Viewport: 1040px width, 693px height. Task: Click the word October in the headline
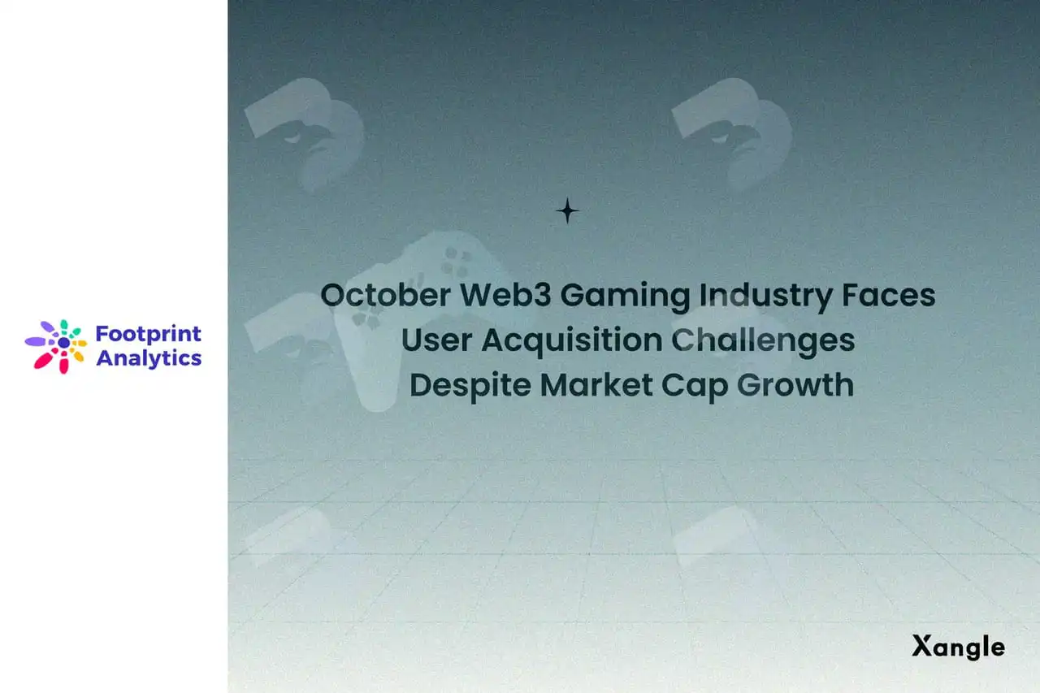[x=385, y=295]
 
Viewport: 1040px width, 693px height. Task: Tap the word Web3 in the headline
[x=505, y=295]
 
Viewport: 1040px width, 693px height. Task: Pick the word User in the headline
[x=436, y=340]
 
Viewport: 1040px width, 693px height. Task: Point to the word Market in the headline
[x=596, y=385]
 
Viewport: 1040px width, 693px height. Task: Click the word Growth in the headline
[x=795, y=385]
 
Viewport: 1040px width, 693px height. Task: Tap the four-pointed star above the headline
[x=567, y=210]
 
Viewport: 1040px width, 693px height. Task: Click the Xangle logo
[x=958, y=647]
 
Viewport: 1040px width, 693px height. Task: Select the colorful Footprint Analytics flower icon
[x=56, y=346]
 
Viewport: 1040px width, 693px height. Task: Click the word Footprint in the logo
[x=148, y=335]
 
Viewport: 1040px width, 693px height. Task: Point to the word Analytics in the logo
[x=149, y=359]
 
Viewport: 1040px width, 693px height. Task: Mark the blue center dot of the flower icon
[x=63, y=343]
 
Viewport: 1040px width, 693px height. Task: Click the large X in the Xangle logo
[x=922, y=645]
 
